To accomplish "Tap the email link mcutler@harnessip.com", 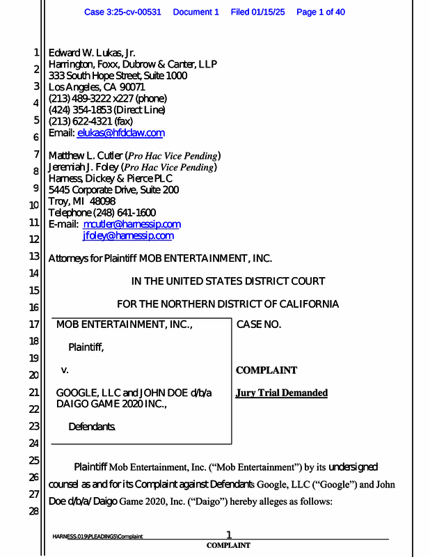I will click(132, 224).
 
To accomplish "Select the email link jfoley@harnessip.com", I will click(128, 235).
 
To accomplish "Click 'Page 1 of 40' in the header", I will click(321, 12).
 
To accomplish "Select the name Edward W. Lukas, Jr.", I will click(91, 53).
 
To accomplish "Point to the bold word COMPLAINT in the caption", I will click(266, 370).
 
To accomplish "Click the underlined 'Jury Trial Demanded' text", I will click(282, 393).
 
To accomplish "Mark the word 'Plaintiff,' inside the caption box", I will click(86, 347).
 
